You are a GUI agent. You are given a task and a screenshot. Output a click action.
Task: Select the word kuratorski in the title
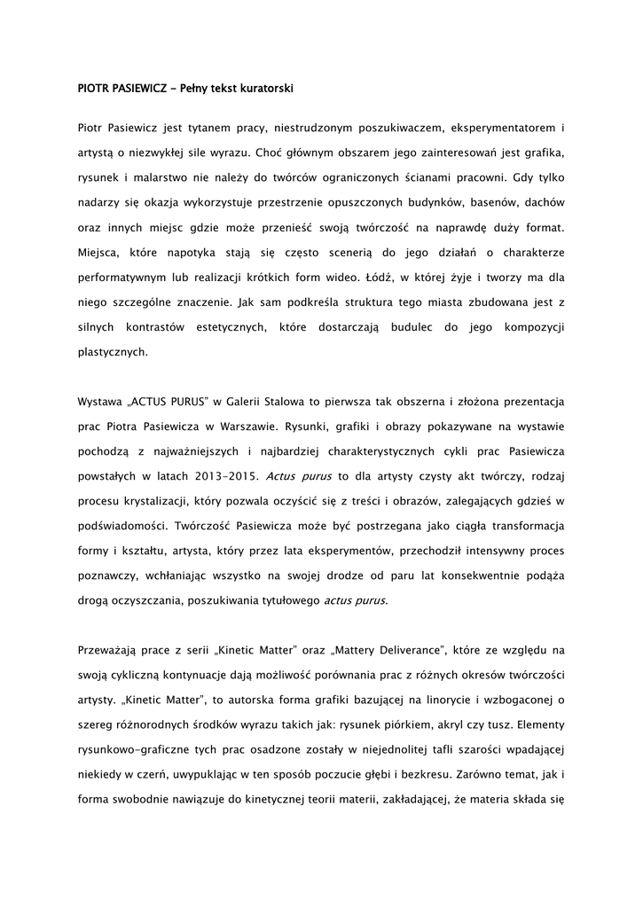point(263,89)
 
